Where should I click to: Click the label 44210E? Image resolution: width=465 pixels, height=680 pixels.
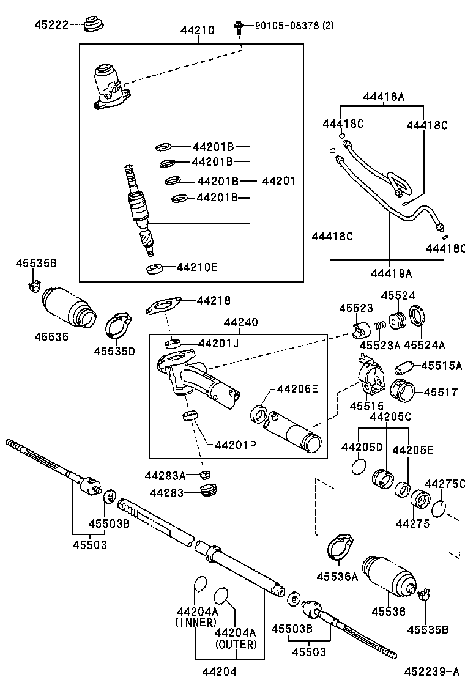pos(196,267)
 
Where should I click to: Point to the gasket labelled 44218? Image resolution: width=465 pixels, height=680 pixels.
pos(163,306)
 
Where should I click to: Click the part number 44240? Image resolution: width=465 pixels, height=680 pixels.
pos(240,322)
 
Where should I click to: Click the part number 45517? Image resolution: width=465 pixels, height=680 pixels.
pos(441,392)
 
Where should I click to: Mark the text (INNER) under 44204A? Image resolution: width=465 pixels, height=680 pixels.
pos(195,623)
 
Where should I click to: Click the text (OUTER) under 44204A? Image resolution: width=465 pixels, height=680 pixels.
pos(236,645)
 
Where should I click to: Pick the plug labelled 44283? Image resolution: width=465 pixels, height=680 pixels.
pos(209,490)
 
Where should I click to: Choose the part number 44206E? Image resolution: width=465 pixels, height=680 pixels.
pos(297,388)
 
